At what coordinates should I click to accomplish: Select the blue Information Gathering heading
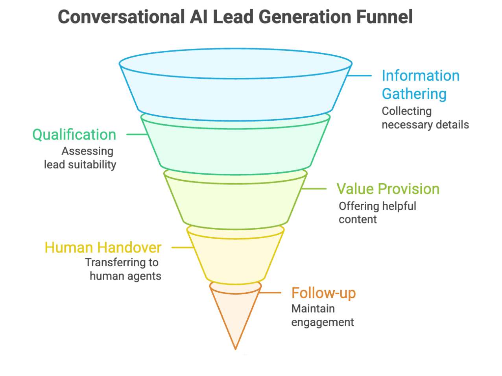(x=420, y=85)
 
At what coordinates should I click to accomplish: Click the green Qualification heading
(x=74, y=135)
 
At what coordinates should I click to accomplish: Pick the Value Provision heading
(x=388, y=189)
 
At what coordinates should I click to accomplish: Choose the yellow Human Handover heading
(x=103, y=247)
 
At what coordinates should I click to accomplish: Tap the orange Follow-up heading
(x=323, y=293)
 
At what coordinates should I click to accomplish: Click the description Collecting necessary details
(x=425, y=118)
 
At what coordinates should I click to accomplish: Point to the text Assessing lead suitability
(x=80, y=158)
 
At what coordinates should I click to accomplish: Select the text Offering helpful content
(x=377, y=212)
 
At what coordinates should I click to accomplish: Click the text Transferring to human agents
(x=123, y=269)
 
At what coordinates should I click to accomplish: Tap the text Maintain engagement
(x=322, y=315)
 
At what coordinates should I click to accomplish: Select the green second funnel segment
(x=235, y=149)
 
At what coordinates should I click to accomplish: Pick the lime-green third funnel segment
(x=235, y=205)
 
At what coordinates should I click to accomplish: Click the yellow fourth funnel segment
(x=235, y=258)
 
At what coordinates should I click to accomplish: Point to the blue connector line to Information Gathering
(x=360, y=76)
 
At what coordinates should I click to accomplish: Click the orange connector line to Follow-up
(x=271, y=293)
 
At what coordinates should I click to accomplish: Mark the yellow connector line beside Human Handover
(x=182, y=247)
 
